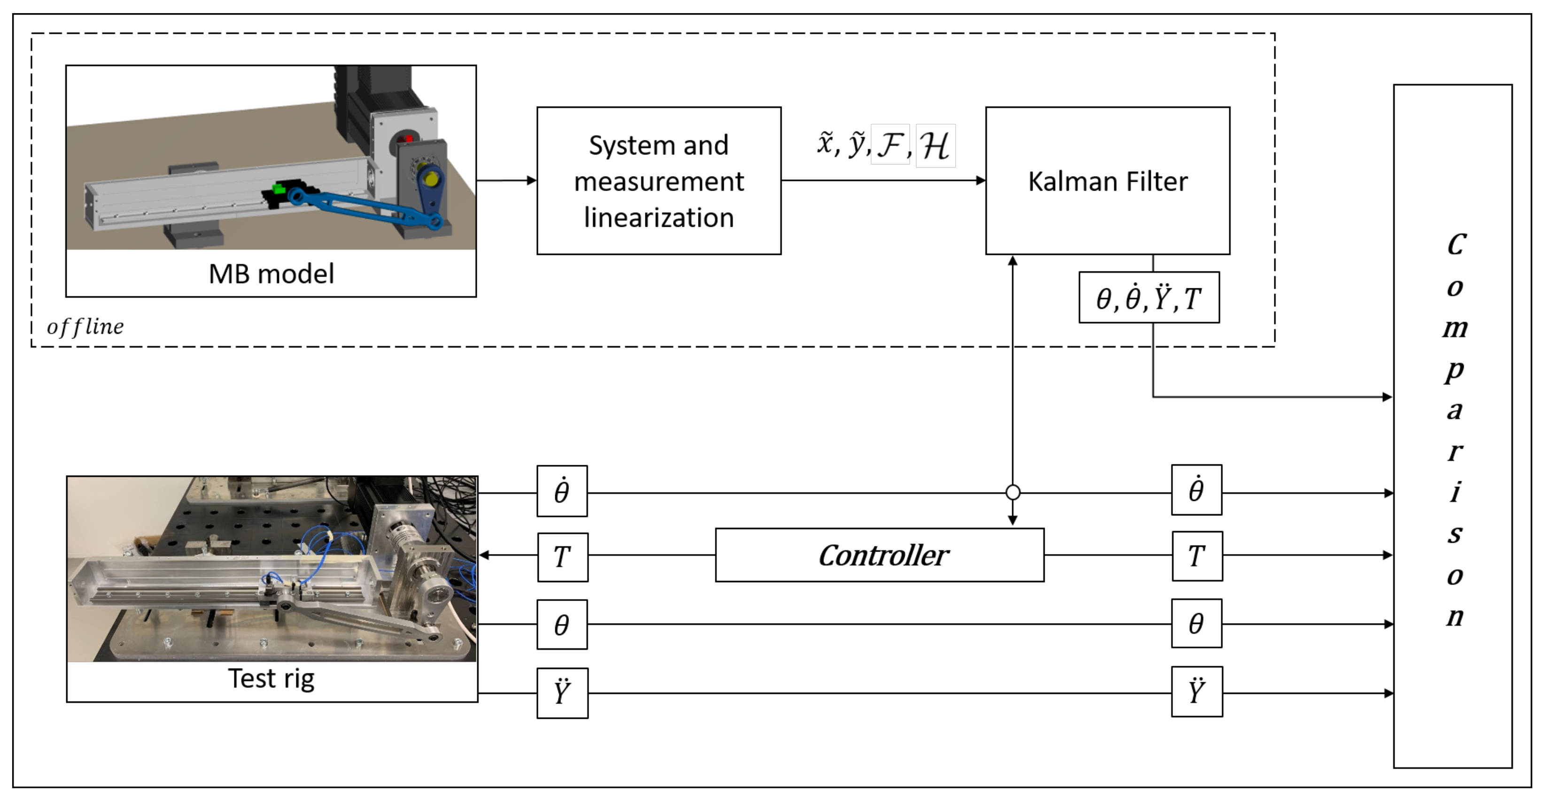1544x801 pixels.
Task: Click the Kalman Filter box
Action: tap(1107, 181)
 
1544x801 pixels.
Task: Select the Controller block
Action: tap(879, 555)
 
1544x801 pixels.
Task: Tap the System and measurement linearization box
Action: tap(658, 181)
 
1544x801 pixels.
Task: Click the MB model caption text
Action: tap(271, 274)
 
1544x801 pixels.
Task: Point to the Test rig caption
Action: tap(271, 679)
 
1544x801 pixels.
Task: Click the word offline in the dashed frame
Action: tap(85, 326)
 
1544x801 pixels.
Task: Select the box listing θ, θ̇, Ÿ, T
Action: tap(1148, 298)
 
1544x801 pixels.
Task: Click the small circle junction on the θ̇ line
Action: tap(1012, 493)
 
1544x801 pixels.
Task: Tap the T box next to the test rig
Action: tap(562, 556)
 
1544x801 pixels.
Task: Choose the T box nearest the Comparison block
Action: tap(1196, 556)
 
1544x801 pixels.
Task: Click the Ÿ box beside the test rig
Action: tap(562, 693)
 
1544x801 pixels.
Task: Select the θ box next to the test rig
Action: tap(562, 625)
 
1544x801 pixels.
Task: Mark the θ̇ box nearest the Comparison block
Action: tap(1196, 490)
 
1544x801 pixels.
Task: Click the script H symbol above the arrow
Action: tap(935, 146)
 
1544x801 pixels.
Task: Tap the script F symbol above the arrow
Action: tap(890, 145)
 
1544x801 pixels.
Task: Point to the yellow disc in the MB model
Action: tap(430, 178)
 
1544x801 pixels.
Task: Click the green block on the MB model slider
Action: tap(279, 189)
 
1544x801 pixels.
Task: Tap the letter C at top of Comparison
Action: tap(1456, 245)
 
